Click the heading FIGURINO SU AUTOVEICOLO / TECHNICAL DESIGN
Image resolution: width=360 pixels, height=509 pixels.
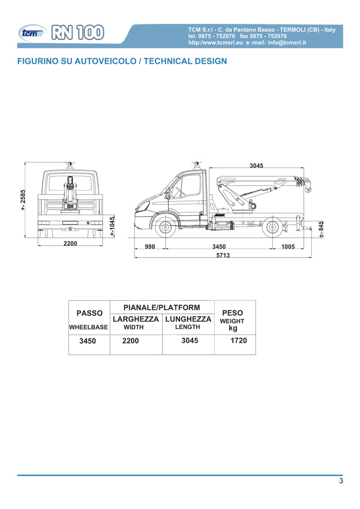tap(121, 61)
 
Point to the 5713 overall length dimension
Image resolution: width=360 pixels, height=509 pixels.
tap(222, 255)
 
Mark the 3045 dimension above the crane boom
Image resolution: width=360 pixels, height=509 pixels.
tap(256, 165)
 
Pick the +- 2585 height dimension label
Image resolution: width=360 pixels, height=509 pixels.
tap(23, 200)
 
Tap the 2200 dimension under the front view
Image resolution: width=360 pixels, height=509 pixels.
tap(70, 243)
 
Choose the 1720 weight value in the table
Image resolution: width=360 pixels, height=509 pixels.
tap(238, 340)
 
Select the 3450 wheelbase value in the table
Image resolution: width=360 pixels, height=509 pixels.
tap(88, 341)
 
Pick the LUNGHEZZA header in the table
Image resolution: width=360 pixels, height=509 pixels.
tap(188, 319)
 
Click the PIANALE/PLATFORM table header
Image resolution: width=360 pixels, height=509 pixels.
tap(162, 308)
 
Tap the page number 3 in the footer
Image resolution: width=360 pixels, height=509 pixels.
tap(341, 481)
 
